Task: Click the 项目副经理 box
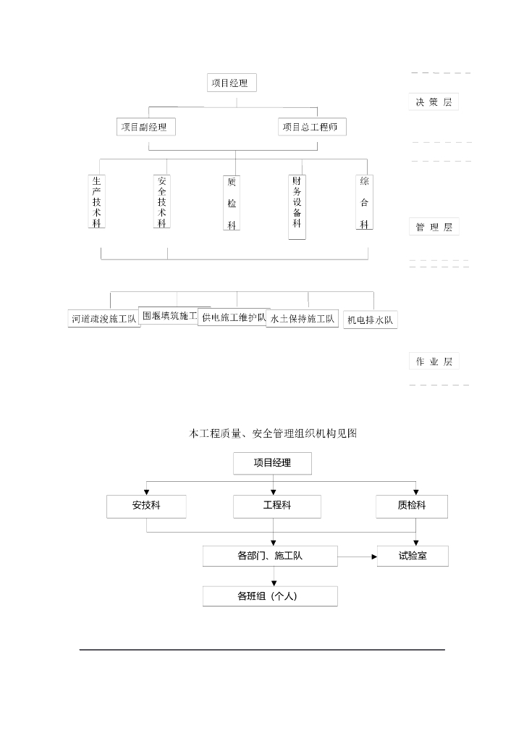click(145, 127)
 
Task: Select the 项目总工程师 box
click(312, 127)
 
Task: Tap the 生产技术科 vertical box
click(97, 201)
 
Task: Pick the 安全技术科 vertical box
click(162, 201)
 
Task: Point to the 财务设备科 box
click(297, 206)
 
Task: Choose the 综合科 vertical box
click(364, 202)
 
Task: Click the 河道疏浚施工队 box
click(104, 318)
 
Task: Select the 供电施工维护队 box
click(234, 317)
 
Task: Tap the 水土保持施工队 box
click(303, 318)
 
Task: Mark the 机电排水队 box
click(371, 320)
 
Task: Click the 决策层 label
click(433, 102)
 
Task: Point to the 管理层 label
click(434, 227)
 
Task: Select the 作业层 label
click(434, 361)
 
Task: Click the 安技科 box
click(146, 507)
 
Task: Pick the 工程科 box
click(276, 507)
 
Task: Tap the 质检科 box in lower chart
click(412, 507)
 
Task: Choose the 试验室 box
click(413, 556)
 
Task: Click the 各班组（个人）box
click(270, 596)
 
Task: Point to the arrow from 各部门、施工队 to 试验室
click(358, 556)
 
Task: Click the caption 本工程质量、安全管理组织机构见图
click(273, 433)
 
